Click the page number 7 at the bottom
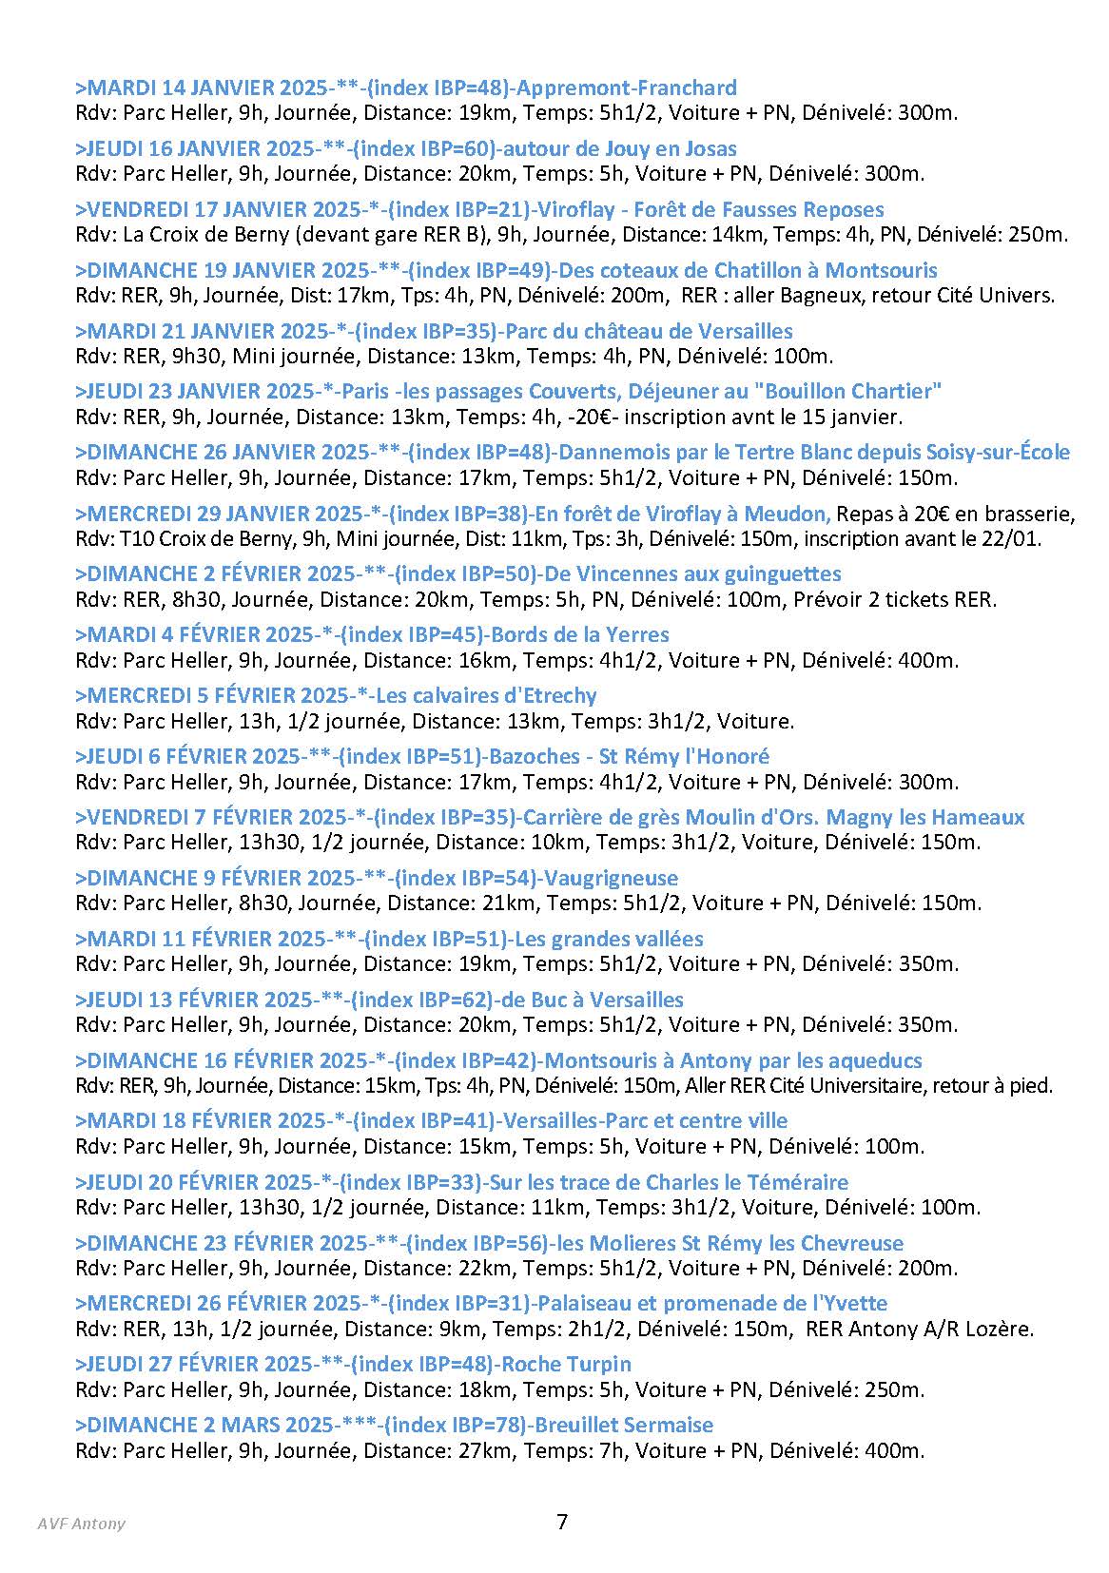coord(562,1522)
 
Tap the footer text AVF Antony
coord(82,1524)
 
